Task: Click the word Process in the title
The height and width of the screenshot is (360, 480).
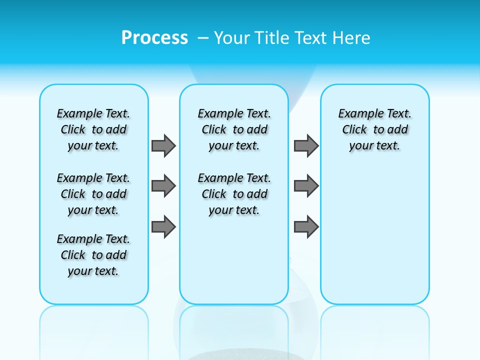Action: click(x=154, y=38)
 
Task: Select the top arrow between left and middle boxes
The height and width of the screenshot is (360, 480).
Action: click(x=163, y=145)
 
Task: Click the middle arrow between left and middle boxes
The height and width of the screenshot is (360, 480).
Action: click(x=163, y=186)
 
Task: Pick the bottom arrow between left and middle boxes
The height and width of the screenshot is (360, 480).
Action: click(x=163, y=227)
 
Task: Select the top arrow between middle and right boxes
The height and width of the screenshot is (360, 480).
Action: click(x=306, y=145)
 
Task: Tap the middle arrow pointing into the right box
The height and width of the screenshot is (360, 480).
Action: click(x=306, y=186)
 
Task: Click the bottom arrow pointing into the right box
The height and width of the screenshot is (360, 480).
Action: click(x=306, y=227)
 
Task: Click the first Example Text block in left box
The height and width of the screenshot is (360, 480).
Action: click(x=93, y=129)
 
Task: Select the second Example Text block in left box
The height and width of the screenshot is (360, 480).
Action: click(x=93, y=194)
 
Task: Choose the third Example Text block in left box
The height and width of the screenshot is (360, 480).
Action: click(x=93, y=255)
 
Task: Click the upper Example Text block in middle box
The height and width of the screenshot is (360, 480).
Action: click(x=234, y=129)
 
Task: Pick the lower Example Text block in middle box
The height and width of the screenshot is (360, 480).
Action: click(x=234, y=194)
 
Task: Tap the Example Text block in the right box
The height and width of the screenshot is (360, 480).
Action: click(x=374, y=129)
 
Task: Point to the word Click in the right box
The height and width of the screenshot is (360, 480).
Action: click(x=354, y=130)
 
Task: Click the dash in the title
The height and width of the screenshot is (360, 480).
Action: click(x=203, y=38)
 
